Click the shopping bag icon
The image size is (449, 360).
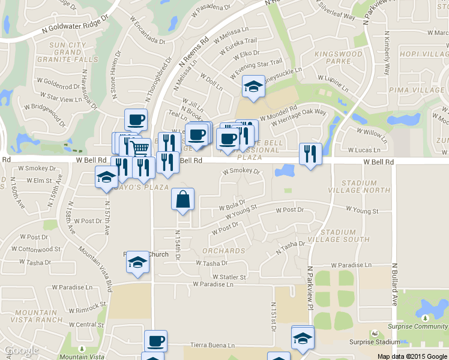pos(183,199)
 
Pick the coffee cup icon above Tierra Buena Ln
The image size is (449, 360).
pos(155,340)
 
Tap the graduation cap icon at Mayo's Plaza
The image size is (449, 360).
pos(107,176)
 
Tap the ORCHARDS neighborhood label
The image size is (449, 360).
pos(223,251)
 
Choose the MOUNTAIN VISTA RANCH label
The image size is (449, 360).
pos(40,316)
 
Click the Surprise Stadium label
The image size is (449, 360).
pos(377,342)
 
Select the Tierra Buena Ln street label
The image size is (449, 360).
pos(212,345)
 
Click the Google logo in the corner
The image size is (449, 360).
pos(21,350)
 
